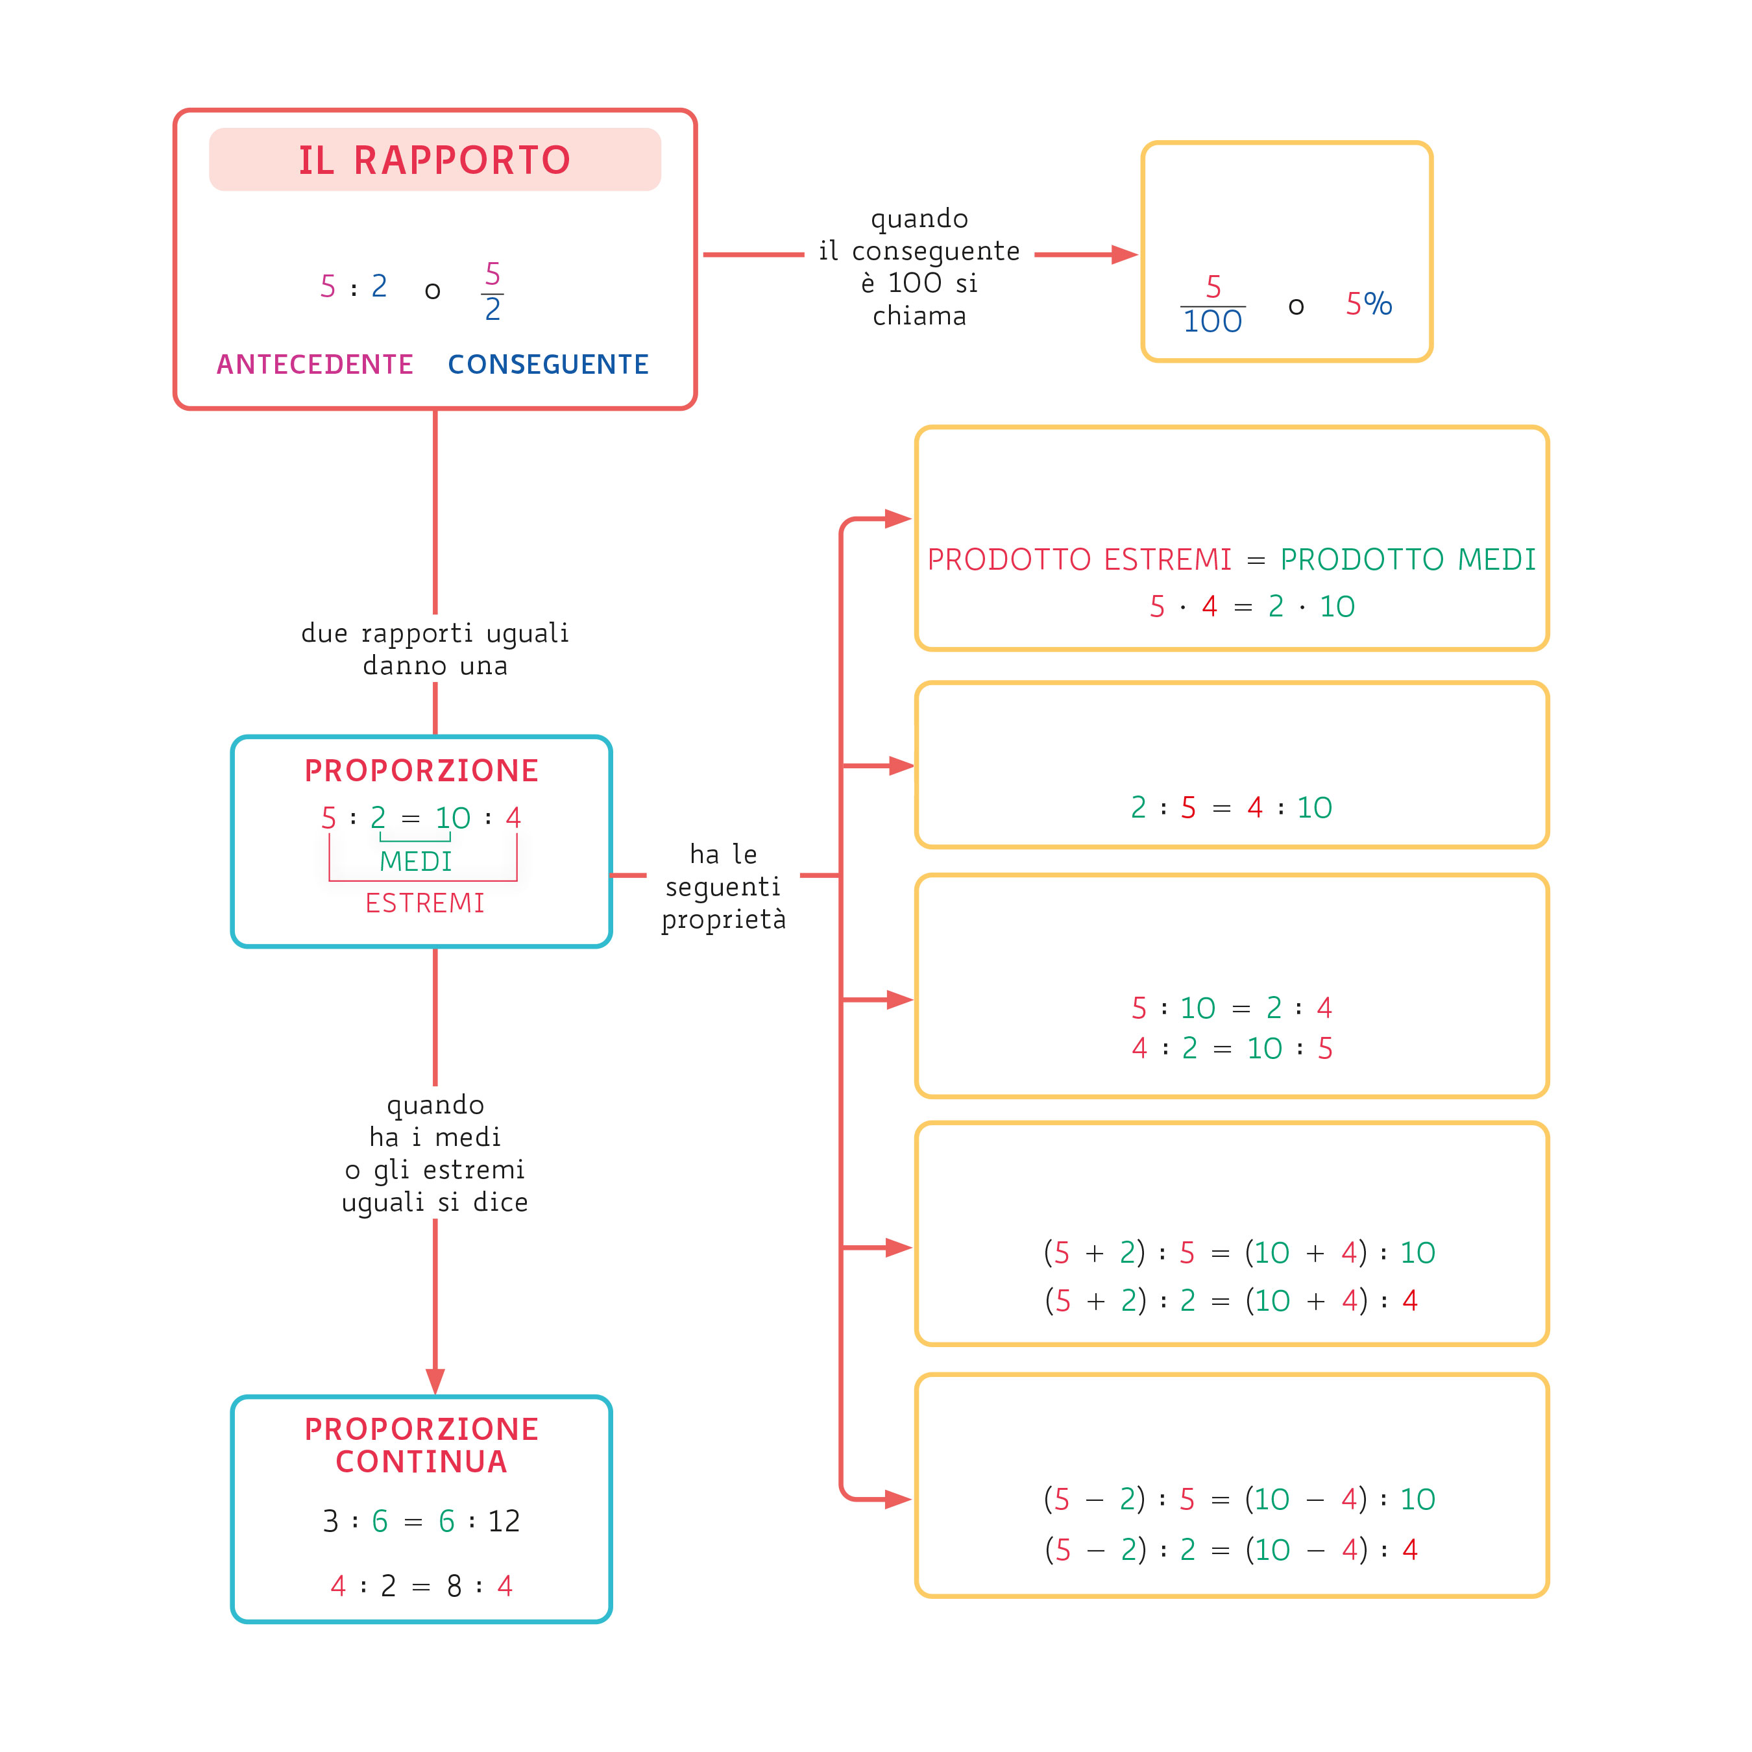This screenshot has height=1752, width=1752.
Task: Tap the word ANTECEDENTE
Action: [x=315, y=365]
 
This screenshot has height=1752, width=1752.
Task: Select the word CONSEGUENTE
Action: [x=548, y=365]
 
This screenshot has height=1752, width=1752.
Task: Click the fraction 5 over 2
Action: [x=493, y=291]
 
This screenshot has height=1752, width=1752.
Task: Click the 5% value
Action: [x=1369, y=304]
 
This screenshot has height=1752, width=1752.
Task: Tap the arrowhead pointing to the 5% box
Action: [x=1125, y=255]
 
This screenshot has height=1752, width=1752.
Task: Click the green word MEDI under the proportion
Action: [x=415, y=862]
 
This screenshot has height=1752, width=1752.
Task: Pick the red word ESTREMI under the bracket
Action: [x=424, y=903]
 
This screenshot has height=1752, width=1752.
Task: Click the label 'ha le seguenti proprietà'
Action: [x=723, y=887]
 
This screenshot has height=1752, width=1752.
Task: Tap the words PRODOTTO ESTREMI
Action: [x=1079, y=559]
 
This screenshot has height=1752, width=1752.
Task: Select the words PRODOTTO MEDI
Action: [x=1407, y=559]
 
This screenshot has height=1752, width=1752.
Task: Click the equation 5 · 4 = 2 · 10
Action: [x=1252, y=606]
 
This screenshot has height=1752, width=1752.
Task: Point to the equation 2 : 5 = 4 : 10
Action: [x=1230, y=807]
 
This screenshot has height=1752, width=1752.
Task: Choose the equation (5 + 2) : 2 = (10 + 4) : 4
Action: [x=1230, y=1300]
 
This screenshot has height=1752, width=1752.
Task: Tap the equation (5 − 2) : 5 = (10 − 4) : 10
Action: [x=1239, y=1499]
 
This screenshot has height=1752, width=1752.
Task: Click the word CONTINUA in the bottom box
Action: [x=422, y=1462]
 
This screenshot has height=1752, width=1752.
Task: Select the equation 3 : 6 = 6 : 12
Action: [x=422, y=1521]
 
